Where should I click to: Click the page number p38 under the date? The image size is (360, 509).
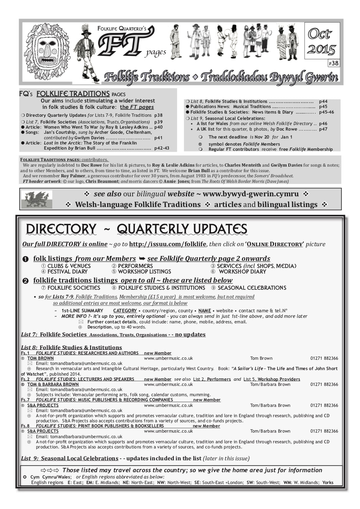(x=333, y=63)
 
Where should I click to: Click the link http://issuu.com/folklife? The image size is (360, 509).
(x=168, y=244)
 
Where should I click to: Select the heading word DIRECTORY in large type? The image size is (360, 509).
(x=61, y=229)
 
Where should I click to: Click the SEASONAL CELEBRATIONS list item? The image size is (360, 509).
(x=251, y=288)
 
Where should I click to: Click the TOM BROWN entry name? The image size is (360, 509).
(x=40, y=358)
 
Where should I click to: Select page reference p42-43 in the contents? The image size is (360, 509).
(x=162, y=148)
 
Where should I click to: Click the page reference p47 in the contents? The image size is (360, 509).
(x=323, y=129)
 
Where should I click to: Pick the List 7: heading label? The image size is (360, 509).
(x=29, y=334)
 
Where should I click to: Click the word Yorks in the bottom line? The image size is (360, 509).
(x=328, y=482)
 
